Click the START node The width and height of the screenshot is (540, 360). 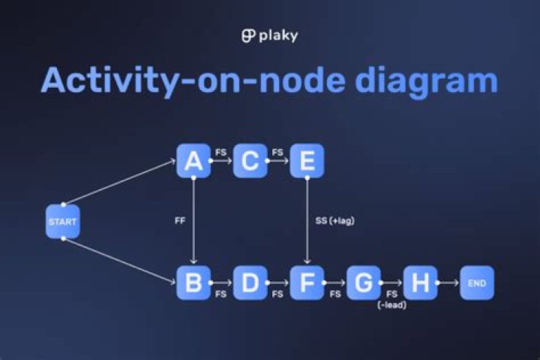point(63,222)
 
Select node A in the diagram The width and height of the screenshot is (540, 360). point(193,161)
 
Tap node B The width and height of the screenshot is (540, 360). point(193,283)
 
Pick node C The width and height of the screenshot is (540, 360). point(250,161)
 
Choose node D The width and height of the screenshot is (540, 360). point(250,283)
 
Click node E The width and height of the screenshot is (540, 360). point(307,161)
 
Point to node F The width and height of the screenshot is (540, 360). point(307,283)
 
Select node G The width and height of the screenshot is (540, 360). point(364,283)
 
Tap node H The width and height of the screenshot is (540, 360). point(421,283)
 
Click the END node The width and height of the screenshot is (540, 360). point(477,283)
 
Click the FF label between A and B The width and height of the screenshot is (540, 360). point(181,222)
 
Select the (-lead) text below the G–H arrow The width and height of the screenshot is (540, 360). point(391,305)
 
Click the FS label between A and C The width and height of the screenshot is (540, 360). point(221,152)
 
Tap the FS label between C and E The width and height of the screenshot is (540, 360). point(277,152)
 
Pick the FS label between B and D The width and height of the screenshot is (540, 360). point(221,295)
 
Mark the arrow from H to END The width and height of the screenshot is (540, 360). point(448,283)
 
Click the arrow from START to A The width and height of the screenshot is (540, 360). point(120,182)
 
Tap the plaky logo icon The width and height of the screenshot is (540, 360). point(248,36)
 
